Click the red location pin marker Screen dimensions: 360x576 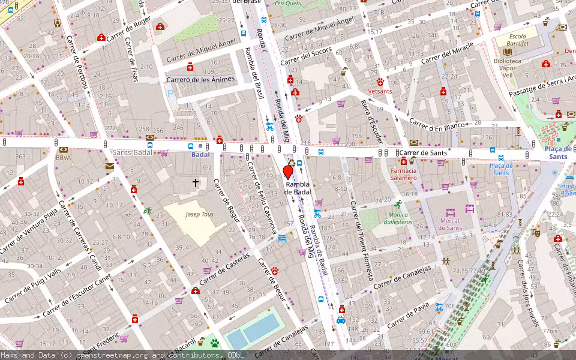pos(288,172)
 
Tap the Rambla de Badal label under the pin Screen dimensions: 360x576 pos(298,188)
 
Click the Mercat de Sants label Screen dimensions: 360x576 pos(450,224)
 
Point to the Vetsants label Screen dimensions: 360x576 pos(380,91)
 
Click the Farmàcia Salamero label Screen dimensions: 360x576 pos(403,174)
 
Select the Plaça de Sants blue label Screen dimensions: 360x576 pos(556,152)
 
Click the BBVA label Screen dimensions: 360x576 pos(63,158)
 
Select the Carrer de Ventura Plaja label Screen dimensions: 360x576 pos(29,230)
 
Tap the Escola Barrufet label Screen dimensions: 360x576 pos(509,39)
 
